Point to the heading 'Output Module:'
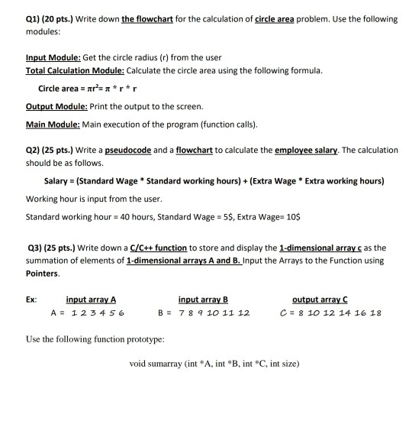53,109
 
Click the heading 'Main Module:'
50,123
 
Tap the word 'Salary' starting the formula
58,180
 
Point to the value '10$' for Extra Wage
292,216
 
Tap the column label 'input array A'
91,300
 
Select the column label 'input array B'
203,300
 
